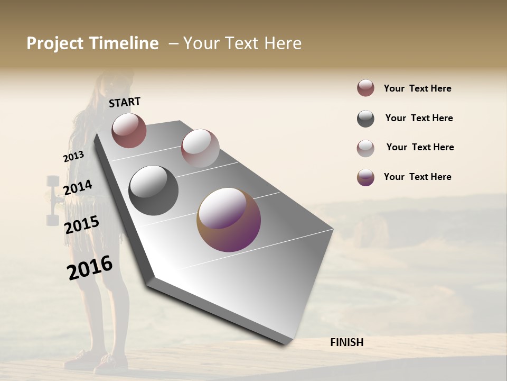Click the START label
pyautogui.click(x=125, y=102)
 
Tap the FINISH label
pyautogui.click(x=346, y=342)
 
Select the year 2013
pyautogui.click(x=73, y=157)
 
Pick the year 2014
pyautogui.click(x=78, y=188)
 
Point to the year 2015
pyautogui.click(x=82, y=225)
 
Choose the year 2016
pyautogui.click(x=90, y=267)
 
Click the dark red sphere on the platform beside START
pyautogui.click(x=129, y=130)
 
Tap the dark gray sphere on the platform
pyautogui.click(x=153, y=190)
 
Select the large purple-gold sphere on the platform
pyautogui.click(x=229, y=220)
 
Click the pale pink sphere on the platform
pyautogui.click(x=200, y=148)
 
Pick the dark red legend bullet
pyautogui.click(x=365, y=88)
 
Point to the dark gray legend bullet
pyautogui.click(x=365, y=119)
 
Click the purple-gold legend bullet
pyautogui.click(x=365, y=177)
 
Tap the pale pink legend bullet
pyautogui.click(x=365, y=148)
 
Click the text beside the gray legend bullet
pyautogui.click(x=419, y=118)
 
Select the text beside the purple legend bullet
pyautogui.click(x=417, y=177)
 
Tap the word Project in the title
pyautogui.click(x=55, y=43)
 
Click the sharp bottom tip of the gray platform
pyautogui.click(x=284, y=344)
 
